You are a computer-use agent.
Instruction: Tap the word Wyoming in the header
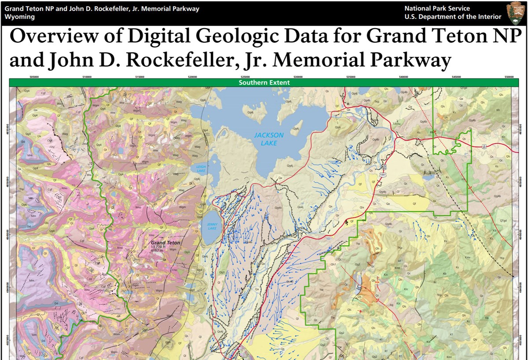(19, 17)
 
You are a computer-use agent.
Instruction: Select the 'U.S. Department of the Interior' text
(453, 17)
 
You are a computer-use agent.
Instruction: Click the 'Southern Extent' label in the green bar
(264, 82)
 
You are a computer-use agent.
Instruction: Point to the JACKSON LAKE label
(269, 139)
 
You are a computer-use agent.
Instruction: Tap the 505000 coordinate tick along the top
(34, 77)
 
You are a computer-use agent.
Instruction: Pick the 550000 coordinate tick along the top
(509, 77)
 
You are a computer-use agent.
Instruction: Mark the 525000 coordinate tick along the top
(245, 77)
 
